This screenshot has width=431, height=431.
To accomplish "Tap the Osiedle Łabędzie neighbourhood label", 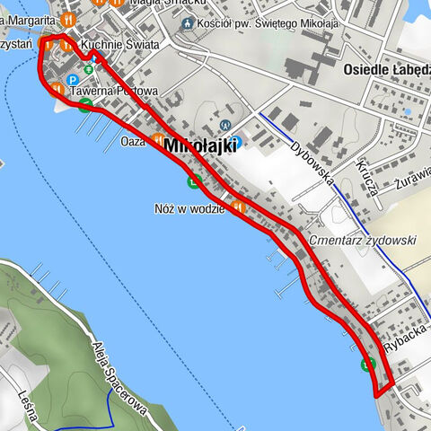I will (386, 67).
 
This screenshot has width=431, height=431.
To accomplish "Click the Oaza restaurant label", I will (133, 141).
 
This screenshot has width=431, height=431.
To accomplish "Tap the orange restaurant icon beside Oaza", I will (158, 140).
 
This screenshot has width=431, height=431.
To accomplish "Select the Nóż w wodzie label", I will (191, 208).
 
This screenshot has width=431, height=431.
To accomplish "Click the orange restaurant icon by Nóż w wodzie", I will (237, 208).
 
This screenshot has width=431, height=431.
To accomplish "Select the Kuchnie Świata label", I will (119, 44).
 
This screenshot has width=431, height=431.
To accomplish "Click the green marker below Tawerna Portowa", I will (84, 106).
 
